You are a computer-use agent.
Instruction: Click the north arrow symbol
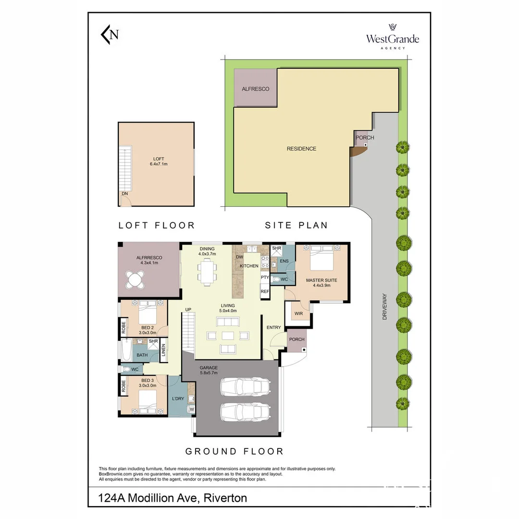point(109,35)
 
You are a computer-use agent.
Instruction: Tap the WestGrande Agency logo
point(393,37)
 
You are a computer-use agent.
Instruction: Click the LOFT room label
point(159,159)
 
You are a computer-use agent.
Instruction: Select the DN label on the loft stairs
point(125,194)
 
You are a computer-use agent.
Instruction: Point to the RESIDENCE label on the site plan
point(301,148)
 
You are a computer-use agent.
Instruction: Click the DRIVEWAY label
point(384,307)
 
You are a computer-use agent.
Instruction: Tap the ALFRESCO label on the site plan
point(255,89)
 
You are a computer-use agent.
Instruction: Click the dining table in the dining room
point(207,272)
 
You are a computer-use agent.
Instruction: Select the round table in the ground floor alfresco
point(135,280)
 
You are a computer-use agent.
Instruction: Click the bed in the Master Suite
point(321,258)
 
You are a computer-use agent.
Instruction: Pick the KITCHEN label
point(249,266)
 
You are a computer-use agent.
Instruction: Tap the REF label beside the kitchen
point(265,292)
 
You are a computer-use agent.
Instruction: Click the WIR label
point(298,313)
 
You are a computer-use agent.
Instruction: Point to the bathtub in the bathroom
point(126,350)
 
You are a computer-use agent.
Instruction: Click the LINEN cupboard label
point(163,350)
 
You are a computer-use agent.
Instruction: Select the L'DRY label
point(178,398)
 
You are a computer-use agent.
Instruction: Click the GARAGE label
point(209,368)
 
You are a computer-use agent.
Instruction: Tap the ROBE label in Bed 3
point(124,386)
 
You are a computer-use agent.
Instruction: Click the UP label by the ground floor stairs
point(188,309)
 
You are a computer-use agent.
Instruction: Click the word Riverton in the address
point(225,498)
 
